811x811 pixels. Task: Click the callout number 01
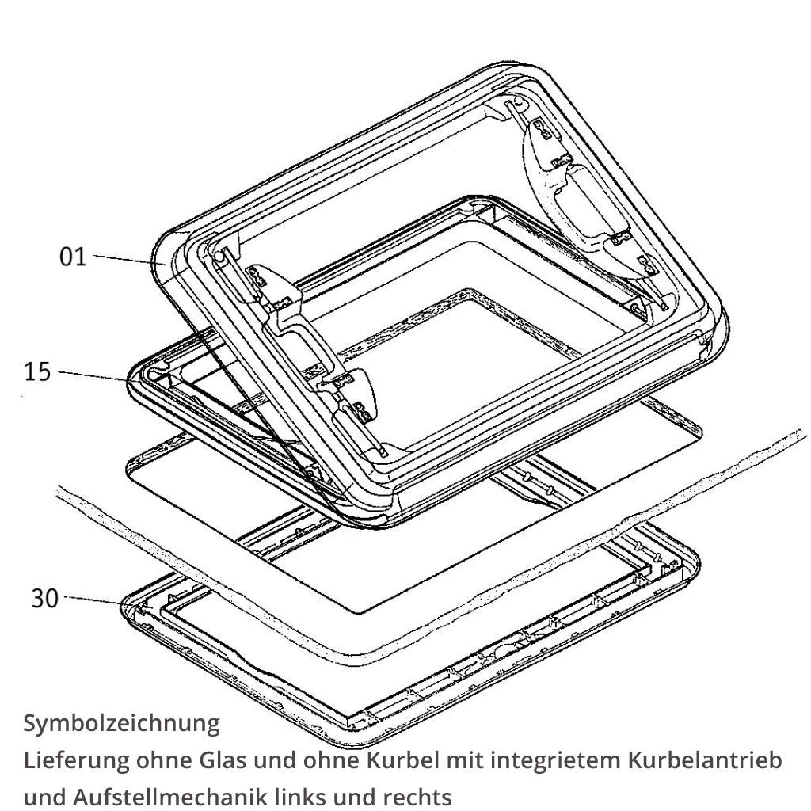[x=73, y=256]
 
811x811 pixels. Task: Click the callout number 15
[x=37, y=371]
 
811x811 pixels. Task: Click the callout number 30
[x=44, y=598]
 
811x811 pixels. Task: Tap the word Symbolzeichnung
[x=121, y=723]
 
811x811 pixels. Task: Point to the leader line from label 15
[x=91, y=375]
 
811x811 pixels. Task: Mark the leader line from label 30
[x=93, y=601]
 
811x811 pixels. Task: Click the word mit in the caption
[x=465, y=760]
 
